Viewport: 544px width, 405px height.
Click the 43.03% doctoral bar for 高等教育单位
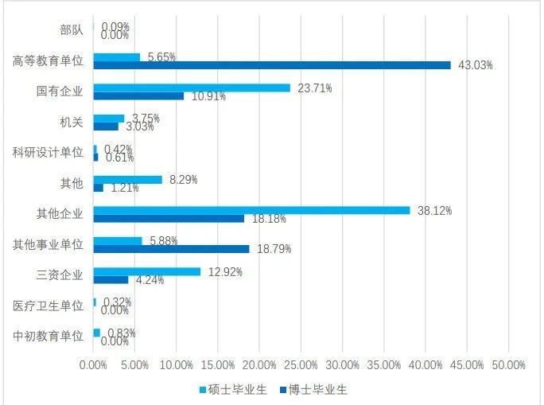coord(272,65)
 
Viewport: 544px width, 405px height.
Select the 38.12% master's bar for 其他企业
coord(251,210)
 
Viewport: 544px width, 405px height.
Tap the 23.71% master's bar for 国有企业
coord(192,88)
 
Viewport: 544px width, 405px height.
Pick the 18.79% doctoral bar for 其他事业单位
coord(171,249)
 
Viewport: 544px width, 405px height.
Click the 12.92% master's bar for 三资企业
coord(147,271)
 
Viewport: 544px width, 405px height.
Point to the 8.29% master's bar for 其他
coord(128,180)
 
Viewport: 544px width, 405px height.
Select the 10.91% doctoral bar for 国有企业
coord(138,96)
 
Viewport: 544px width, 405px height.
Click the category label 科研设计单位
coord(48,153)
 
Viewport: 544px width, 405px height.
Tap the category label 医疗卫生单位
coord(48,306)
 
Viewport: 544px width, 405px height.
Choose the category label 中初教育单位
coord(48,336)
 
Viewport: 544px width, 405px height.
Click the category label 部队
coord(71,31)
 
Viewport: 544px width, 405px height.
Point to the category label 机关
coord(71,123)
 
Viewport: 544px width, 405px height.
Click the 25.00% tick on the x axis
coord(301,364)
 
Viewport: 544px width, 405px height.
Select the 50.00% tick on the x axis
coord(508,364)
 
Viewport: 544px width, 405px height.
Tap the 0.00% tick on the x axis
coord(94,364)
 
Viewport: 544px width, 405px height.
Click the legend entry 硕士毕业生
coord(230,390)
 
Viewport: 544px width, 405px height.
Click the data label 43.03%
coord(475,65)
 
